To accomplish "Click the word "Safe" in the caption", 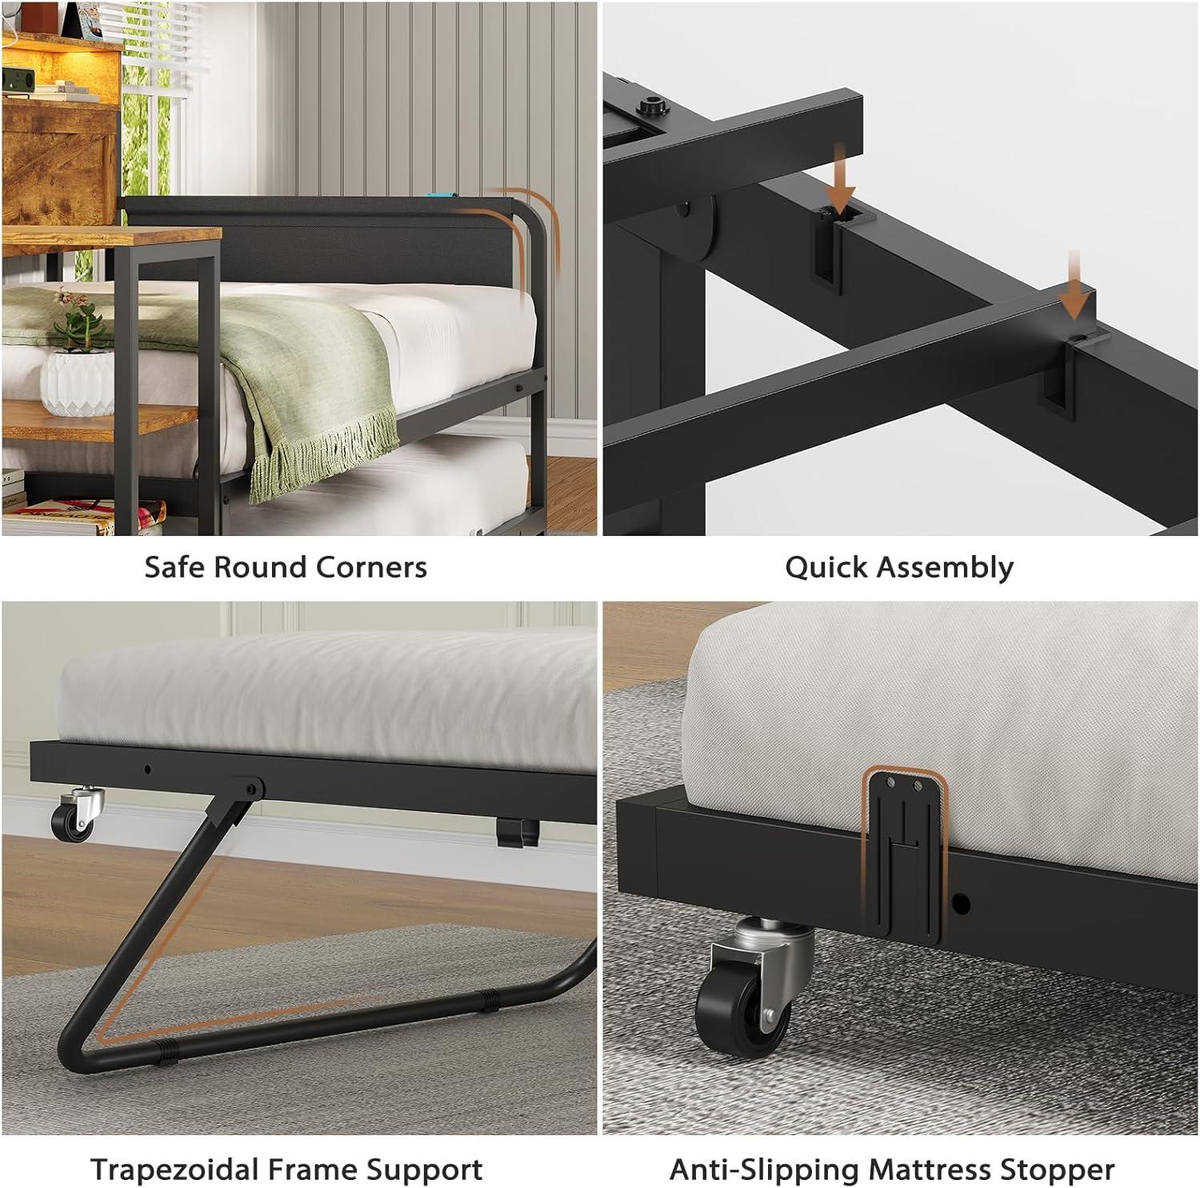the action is click(174, 567).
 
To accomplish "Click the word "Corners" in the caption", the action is click(372, 567).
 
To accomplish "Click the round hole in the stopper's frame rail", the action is click(962, 905).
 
